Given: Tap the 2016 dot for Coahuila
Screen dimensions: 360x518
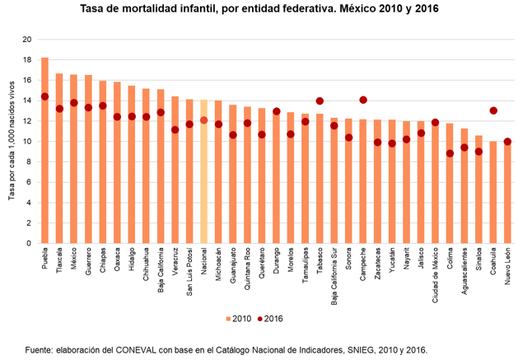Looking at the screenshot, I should pos(493,110).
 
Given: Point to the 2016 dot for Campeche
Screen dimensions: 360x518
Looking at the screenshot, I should pos(363,100).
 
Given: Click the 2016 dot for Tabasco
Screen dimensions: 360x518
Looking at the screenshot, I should pos(320,101).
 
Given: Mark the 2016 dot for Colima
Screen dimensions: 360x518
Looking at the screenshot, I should pos(450,153).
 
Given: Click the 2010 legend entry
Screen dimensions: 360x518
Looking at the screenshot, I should pos(239,319).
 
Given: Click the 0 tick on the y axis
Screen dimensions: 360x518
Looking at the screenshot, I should pos(30,243).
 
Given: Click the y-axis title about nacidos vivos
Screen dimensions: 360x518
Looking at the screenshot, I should pos(12,141).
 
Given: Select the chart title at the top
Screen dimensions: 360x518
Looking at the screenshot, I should pos(259,10).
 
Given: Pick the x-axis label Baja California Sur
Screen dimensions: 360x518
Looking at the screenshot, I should pos(334,280).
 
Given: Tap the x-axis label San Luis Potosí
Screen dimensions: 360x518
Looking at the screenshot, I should pos(189,275).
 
